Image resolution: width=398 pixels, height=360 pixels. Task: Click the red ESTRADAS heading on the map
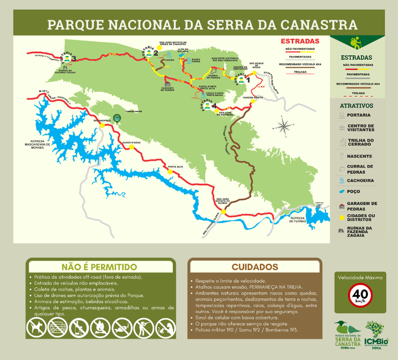[300, 42]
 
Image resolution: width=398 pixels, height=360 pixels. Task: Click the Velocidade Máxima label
[360, 277]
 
